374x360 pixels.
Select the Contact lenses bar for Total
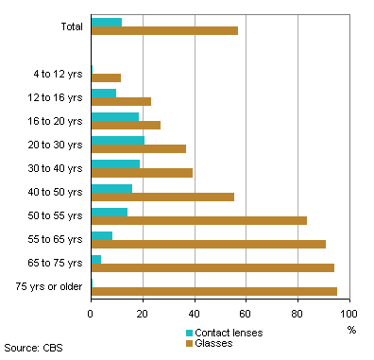[x=107, y=22]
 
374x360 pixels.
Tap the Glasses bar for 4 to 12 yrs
[x=106, y=77]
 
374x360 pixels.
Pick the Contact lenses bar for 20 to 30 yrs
[x=118, y=140]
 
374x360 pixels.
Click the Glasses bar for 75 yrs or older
[x=213, y=291]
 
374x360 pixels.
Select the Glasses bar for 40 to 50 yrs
[x=162, y=197]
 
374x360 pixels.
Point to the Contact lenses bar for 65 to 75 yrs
[x=96, y=259]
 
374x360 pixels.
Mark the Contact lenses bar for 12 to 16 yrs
[x=104, y=93]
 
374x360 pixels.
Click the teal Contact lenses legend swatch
[x=190, y=333]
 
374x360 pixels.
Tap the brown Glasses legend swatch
[x=190, y=342]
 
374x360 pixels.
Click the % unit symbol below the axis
[x=352, y=330]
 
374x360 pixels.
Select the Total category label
[x=70, y=26]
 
